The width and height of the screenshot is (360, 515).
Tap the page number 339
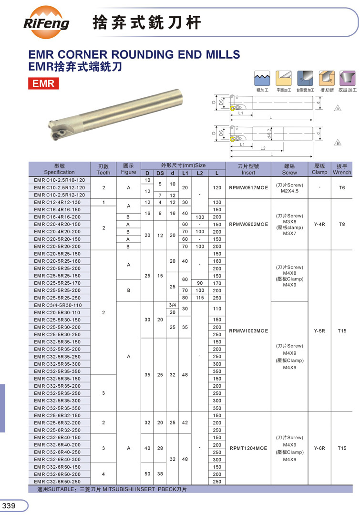click(10, 505)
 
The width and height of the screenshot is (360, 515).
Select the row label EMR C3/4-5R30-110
click(58, 305)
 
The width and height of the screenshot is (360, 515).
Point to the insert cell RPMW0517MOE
click(248, 188)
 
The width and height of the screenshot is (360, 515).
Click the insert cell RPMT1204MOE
click(248, 448)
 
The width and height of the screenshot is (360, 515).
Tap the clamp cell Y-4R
click(319, 224)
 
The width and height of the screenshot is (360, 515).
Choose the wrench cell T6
click(341, 188)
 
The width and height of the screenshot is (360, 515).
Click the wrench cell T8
click(341, 224)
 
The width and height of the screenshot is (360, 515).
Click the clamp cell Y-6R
click(319, 448)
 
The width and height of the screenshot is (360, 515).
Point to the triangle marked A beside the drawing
click(338, 109)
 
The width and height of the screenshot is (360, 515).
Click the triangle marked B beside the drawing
click(338, 143)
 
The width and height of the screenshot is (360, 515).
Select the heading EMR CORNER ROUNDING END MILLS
click(134, 54)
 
